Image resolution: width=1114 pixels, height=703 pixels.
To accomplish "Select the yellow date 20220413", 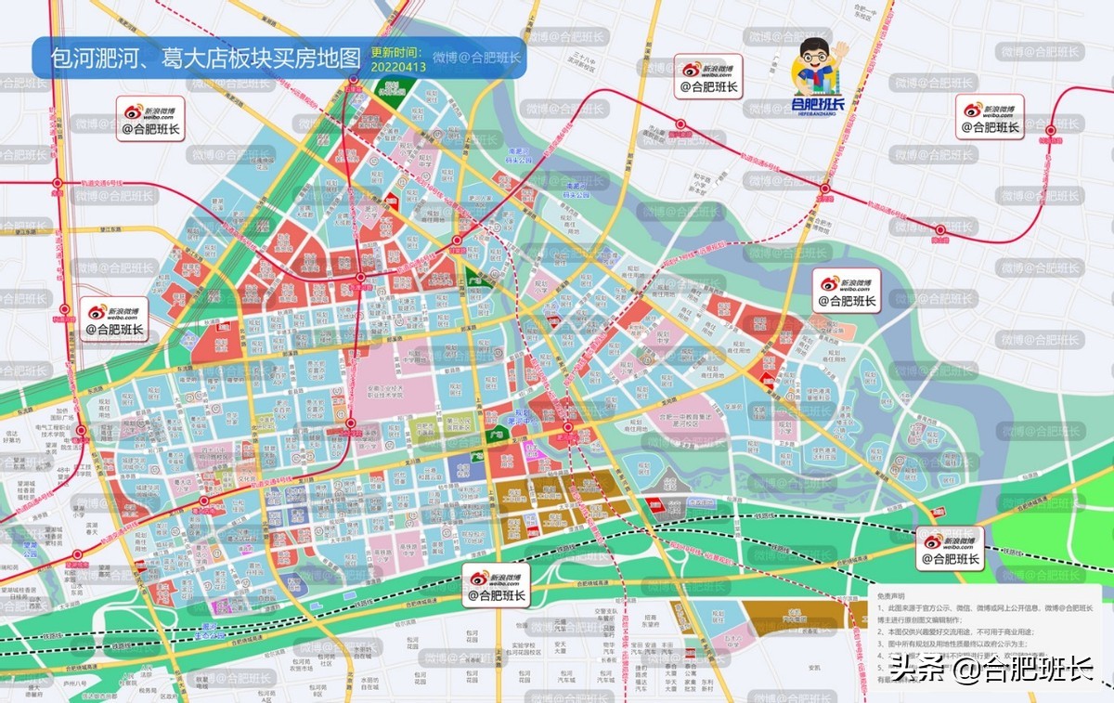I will [398, 67].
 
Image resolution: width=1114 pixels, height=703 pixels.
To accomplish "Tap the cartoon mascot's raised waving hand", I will [840, 48].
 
